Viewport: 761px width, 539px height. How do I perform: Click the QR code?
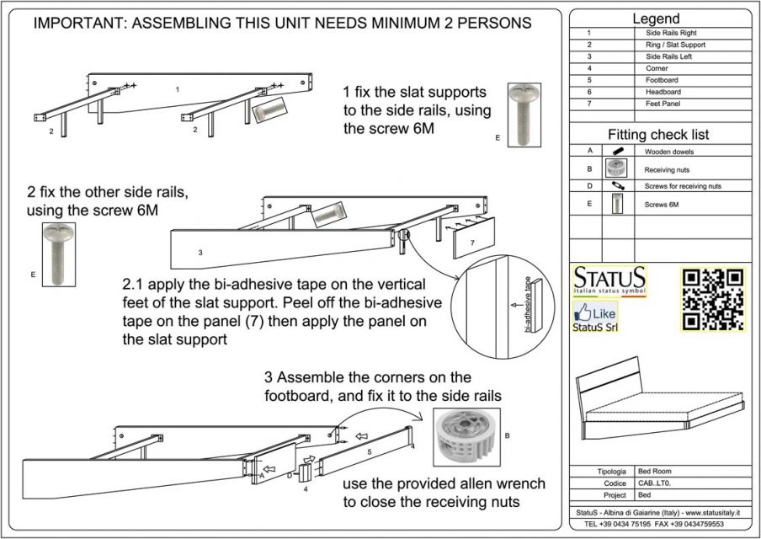coord(712,300)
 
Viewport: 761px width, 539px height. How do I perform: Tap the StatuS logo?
coord(610,280)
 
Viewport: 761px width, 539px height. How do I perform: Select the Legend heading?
coord(657,19)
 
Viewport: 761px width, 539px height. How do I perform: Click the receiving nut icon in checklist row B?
coord(617,168)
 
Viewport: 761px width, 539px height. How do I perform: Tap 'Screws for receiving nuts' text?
coord(683,186)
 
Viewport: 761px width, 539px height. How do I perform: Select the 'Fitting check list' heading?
coord(658,134)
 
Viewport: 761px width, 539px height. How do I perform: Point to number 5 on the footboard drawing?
coord(369,453)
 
